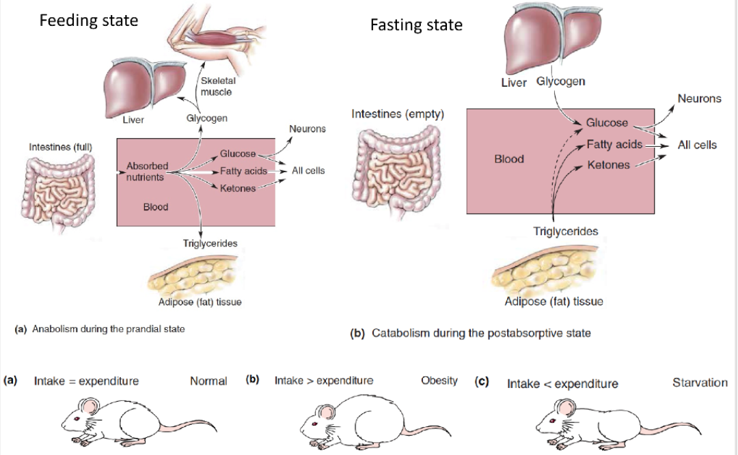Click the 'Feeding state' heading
pos(88,20)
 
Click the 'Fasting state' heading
pos(416,25)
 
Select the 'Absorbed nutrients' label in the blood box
pos(146,171)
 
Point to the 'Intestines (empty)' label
pos(398,114)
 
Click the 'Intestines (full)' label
pos(61,147)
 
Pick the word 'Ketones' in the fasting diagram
pos(608,165)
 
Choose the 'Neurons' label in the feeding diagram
pos(307,128)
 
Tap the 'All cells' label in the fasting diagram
pos(697,145)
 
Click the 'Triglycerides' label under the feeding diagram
pos(210,243)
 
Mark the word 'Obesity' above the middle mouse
pos(439,381)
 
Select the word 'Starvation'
pos(700,383)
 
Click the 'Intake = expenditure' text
pos(86,381)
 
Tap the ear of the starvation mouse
pos(561,408)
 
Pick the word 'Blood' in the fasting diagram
pos(509,159)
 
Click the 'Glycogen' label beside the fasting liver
pos(560,81)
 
